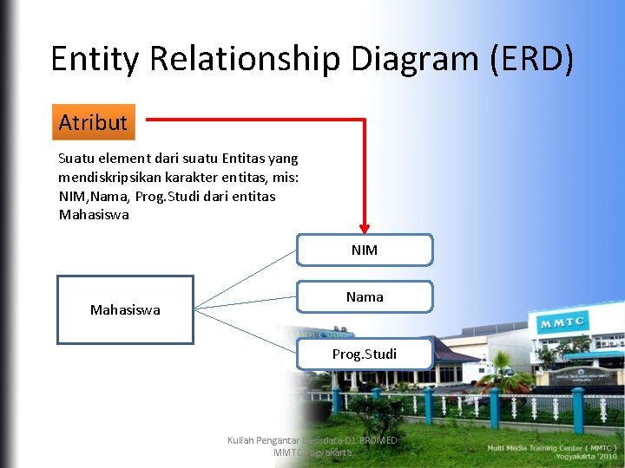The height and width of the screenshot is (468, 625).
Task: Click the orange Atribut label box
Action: [x=93, y=122]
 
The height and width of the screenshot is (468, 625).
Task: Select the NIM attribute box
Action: [x=365, y=250]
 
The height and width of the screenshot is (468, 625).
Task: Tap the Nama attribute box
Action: [x=365, y=296]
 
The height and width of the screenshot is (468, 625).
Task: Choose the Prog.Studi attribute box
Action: [x=365, y=354]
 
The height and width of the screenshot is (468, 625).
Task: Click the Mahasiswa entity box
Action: [x=125, y=309]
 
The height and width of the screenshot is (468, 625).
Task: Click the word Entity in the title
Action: [x=96, y=59]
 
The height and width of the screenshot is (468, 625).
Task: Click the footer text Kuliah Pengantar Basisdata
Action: [x=286, y=440]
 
